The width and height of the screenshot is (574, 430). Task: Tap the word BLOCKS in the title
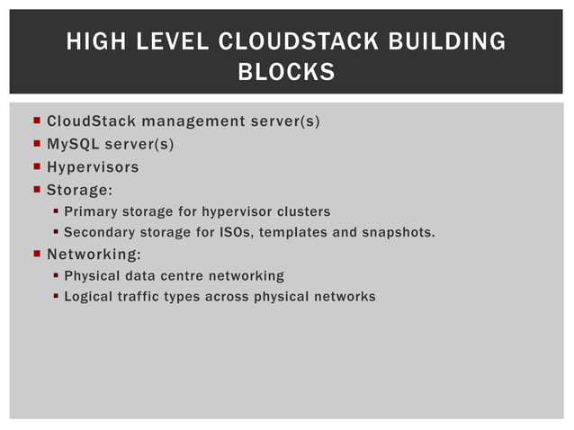click(286, 72)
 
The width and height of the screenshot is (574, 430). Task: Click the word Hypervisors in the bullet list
click(93, 167)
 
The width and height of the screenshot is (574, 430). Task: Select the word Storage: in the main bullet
click(79, 190)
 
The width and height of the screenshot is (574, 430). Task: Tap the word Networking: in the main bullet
click(94, 253)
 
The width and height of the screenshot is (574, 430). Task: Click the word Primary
click(90, 212)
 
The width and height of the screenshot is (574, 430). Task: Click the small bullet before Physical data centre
click(56, 275)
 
